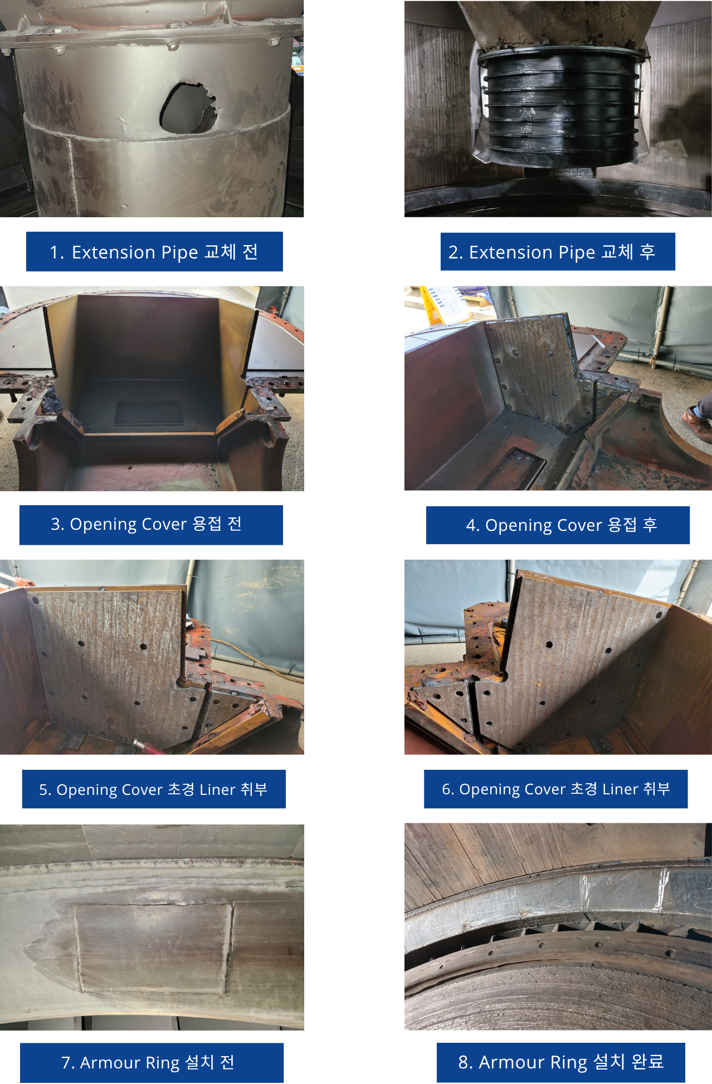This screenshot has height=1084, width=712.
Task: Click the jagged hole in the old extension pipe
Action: [188, 108]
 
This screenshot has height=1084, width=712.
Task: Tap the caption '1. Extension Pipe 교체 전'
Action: [154, 252]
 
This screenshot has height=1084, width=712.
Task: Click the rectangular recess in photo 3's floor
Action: [149, 413]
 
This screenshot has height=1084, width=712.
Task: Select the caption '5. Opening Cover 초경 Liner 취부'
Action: [154, 789]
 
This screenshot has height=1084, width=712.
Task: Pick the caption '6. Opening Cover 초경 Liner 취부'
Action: [555, 789]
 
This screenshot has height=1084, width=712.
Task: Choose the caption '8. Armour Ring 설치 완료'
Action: [561, 1062]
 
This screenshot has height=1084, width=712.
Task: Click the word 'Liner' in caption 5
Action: [217, 790]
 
